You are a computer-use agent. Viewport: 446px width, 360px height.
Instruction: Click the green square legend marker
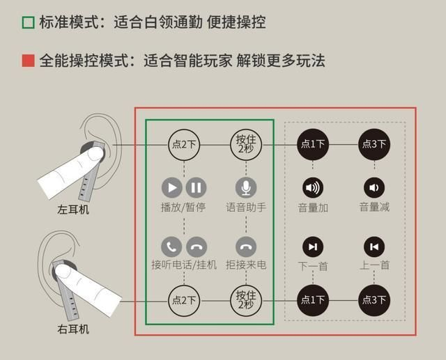[28, 22]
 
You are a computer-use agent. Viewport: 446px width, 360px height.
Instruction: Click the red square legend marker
[28, 61]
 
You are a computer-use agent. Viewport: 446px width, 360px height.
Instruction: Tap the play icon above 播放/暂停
[172, 187]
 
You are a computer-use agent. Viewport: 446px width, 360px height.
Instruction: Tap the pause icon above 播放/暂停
[197, 187]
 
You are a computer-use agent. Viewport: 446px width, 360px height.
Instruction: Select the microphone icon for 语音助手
[245, 187]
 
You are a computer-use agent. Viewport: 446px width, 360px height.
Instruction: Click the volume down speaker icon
[374, 187]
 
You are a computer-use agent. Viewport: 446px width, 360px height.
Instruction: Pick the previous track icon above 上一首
[374, 246]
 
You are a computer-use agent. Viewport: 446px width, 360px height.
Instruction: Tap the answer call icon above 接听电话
[172, 246]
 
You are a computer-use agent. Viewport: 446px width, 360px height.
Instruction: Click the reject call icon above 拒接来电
[245, 246]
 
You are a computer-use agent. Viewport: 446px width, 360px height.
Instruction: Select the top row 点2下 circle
[185, 145]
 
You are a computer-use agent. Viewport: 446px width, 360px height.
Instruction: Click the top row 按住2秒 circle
[245, 145]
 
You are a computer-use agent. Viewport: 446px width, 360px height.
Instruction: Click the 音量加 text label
[313, 208]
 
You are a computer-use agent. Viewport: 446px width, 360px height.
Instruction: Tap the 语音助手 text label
[245, 208]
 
